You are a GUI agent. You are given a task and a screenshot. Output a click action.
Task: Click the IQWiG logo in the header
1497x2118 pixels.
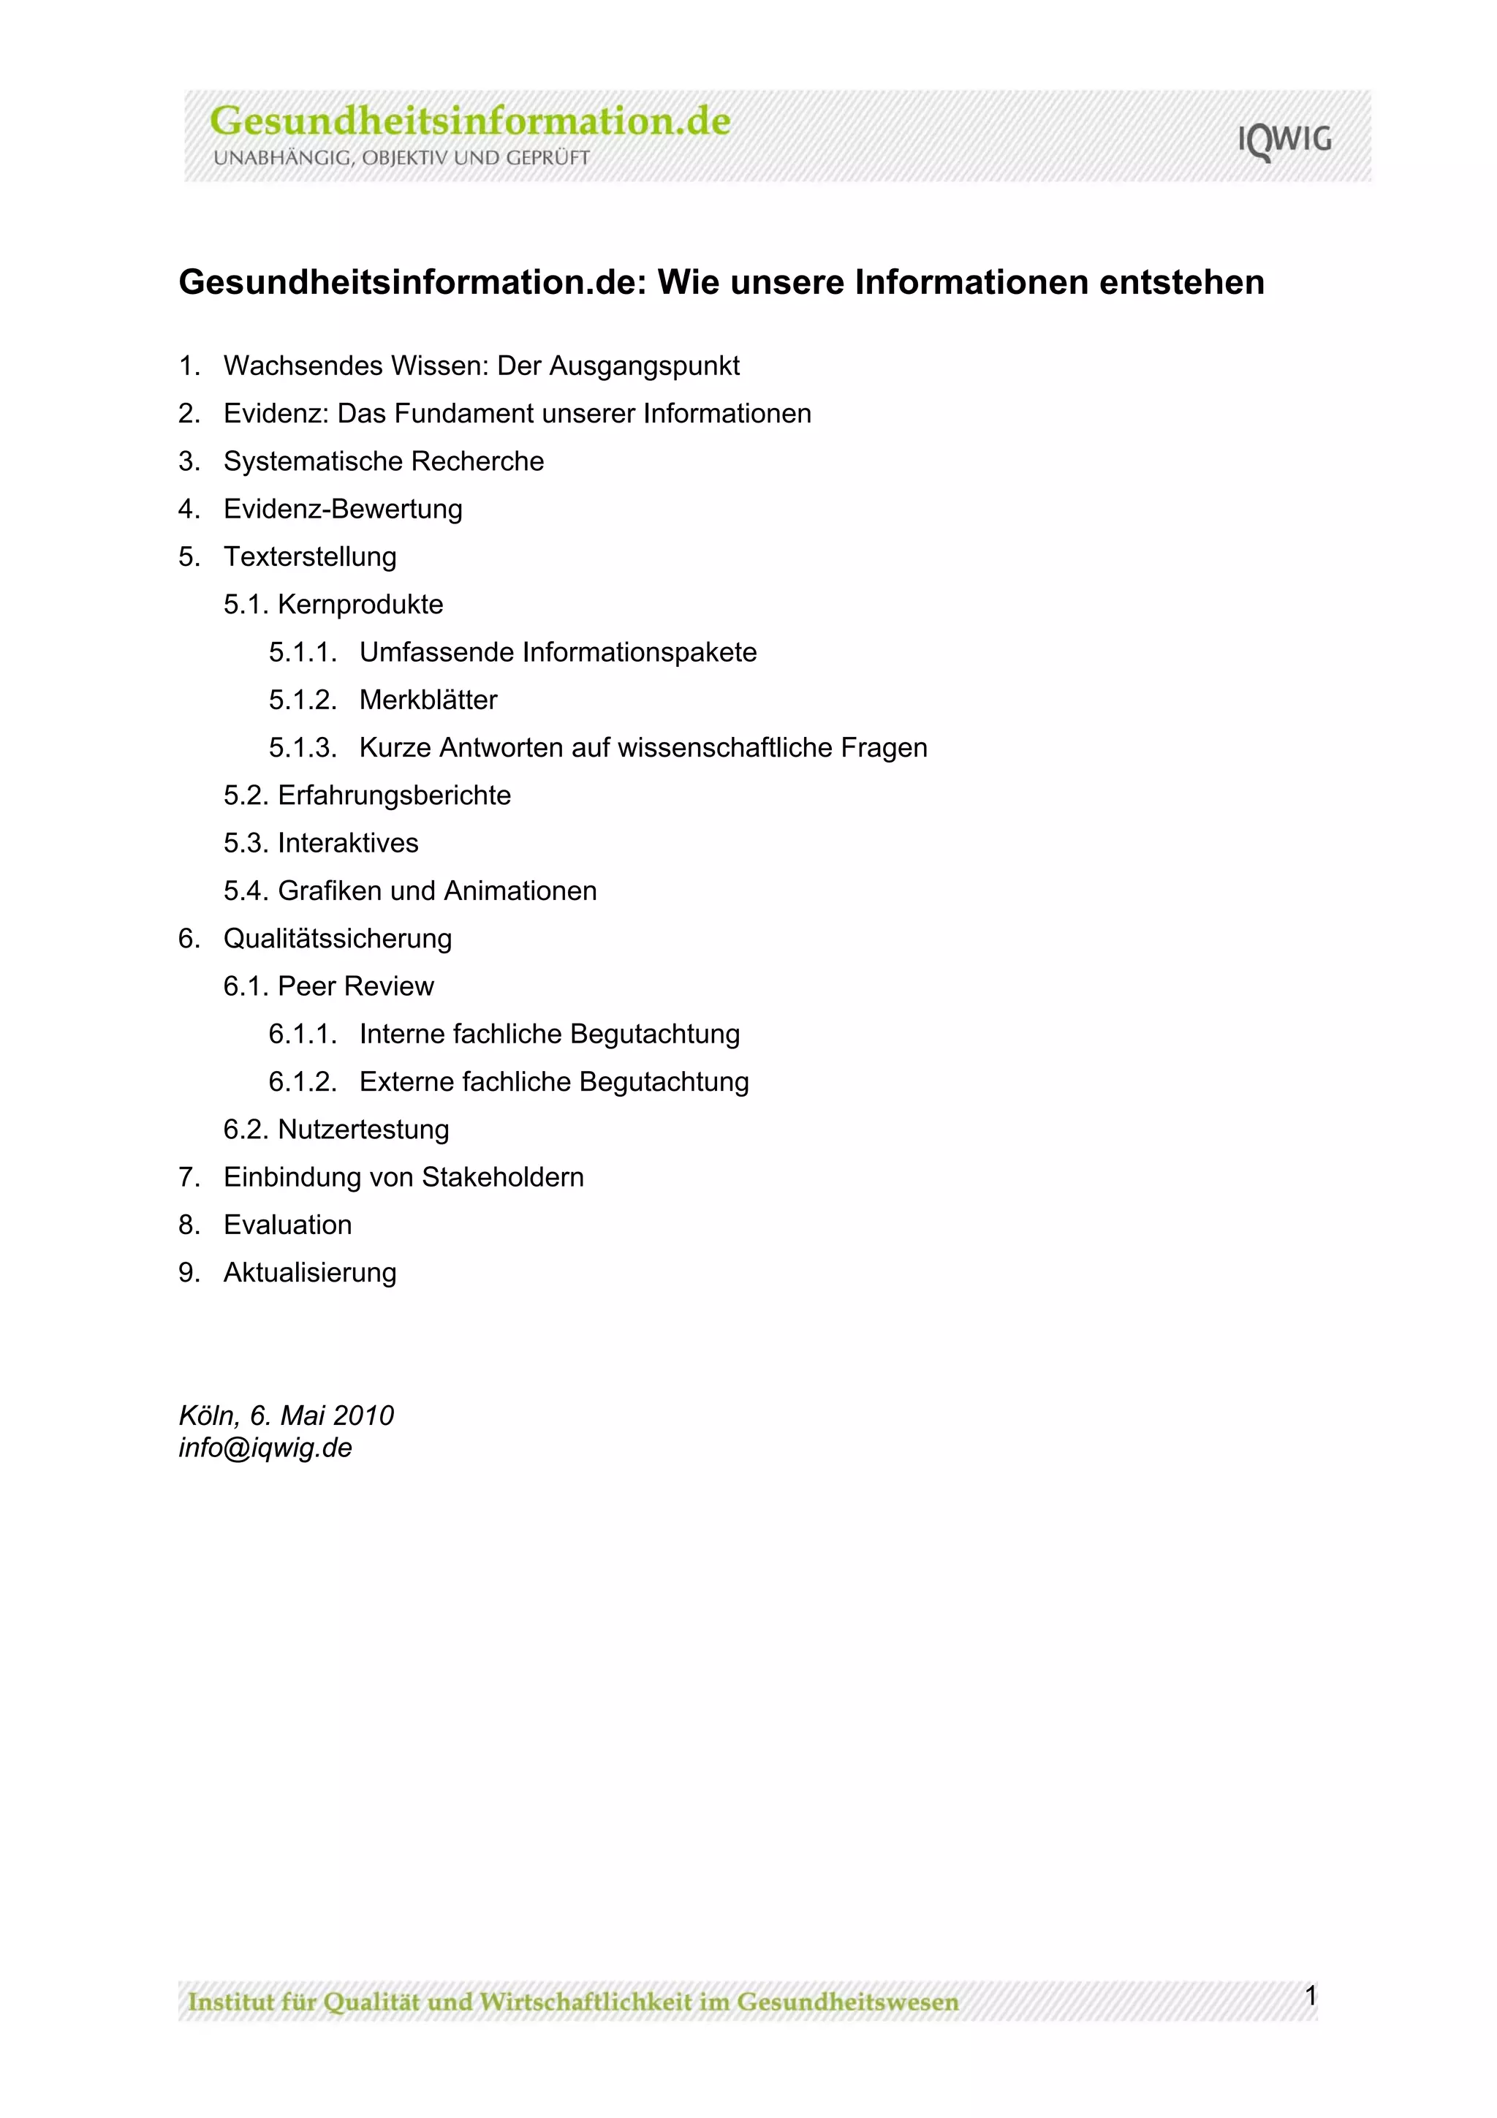(1284, 140)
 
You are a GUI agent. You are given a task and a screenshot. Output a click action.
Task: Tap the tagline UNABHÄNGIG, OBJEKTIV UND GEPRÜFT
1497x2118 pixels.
(401, 158)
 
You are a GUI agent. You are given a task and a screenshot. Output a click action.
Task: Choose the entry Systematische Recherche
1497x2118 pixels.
(383, 461)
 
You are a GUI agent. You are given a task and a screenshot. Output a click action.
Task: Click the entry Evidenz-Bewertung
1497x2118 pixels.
(342, 509)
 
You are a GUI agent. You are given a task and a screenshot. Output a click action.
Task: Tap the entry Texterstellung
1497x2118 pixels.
(309, 557)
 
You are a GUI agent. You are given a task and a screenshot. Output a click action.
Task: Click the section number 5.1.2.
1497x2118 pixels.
(303, 700)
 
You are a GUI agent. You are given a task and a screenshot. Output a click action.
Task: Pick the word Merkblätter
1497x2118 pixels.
(428, 700)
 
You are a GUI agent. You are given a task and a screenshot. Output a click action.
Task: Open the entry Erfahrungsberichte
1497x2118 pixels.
(394, 796)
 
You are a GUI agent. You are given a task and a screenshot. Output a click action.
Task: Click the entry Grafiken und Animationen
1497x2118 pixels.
(436, 891)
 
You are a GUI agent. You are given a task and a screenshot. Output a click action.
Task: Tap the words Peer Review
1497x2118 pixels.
(355, 987)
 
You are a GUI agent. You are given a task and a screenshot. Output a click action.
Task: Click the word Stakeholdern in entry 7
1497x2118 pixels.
(503, 1178)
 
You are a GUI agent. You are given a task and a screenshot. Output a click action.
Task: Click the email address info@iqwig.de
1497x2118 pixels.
(265, 1448)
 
